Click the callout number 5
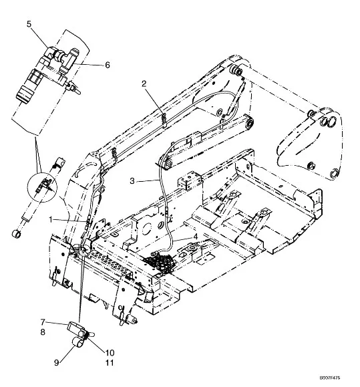point(29,24)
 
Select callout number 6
point(108,65)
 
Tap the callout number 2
point(144,84)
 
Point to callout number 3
point(132,181)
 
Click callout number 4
point(196,237)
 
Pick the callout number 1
point(51,219)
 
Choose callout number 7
point(43,322)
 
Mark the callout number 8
point(43,332)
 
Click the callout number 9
point(57,363)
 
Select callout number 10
point(110,352)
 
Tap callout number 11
point(110,363)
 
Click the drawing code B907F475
point(330,378)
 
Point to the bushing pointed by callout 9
point(77,343)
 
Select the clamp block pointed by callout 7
point(74,328)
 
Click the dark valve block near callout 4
point(159,262)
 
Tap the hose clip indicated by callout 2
point(164,120)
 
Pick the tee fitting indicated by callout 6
point(69,59)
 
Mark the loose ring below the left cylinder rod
point(16,233)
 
